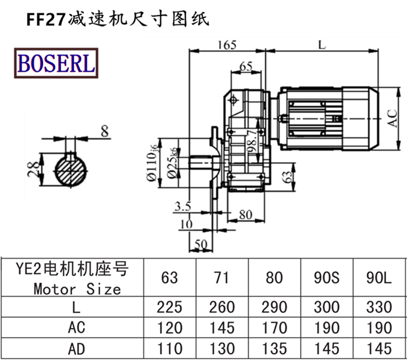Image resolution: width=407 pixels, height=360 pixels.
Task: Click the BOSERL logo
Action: click(57, 64)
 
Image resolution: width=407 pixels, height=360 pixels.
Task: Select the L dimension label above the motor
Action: click(322, 44)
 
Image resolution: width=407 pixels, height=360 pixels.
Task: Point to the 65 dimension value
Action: click(246, 66)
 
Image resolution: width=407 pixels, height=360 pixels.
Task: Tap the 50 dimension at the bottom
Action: click(202, 245)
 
